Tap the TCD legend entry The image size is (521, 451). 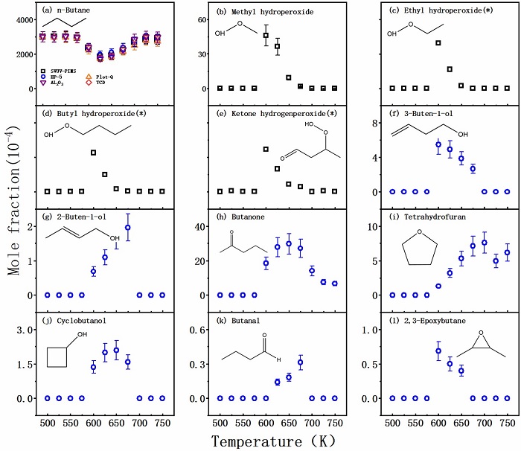click(x=103, y=83)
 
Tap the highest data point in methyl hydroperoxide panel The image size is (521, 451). click(x=266, y=35)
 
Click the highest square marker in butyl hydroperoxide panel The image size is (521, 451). click(x=93, y=153)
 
